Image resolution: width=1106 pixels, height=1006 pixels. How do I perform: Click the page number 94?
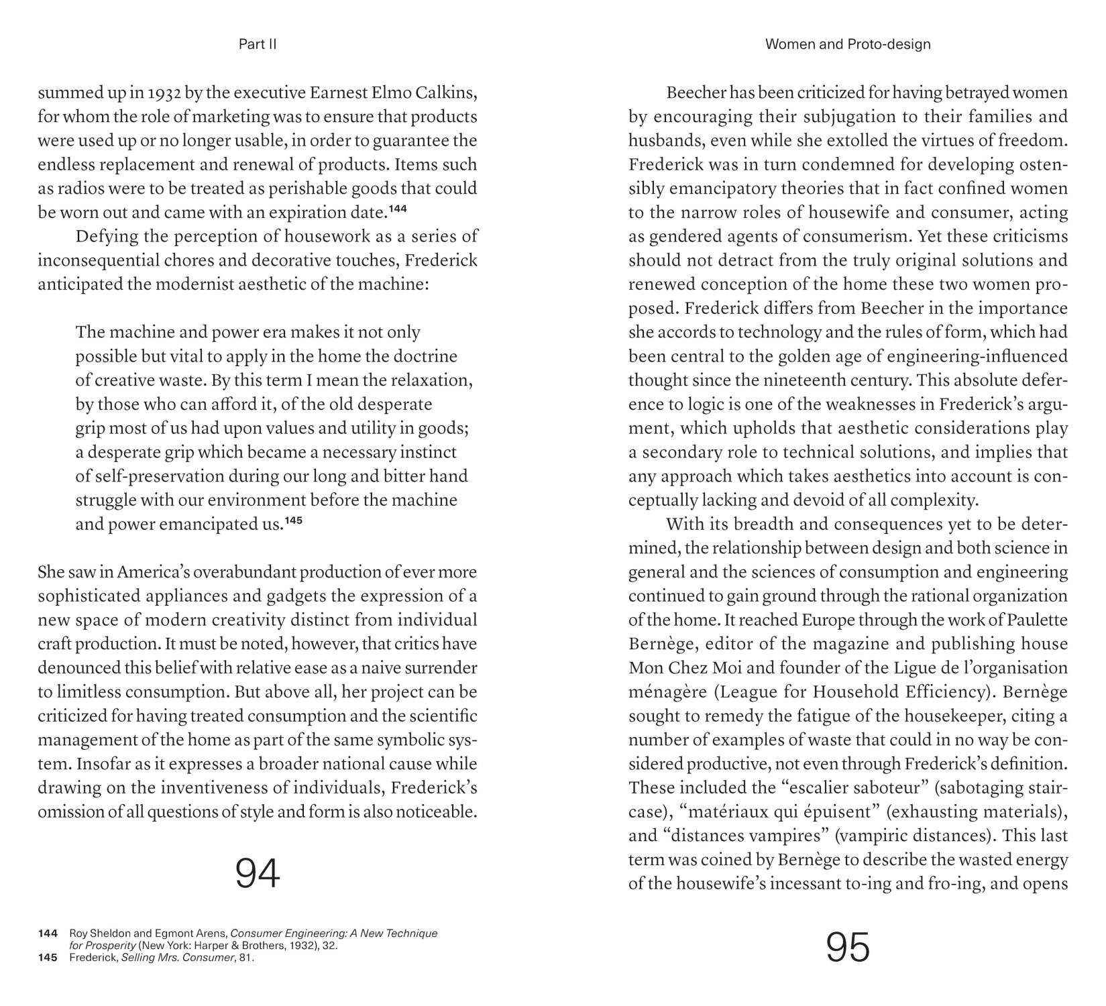(258, 873)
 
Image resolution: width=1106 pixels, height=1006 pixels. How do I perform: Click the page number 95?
(848, 947)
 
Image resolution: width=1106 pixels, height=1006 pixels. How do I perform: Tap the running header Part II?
(258, 44)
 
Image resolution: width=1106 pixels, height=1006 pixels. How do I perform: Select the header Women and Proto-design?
(848, 44)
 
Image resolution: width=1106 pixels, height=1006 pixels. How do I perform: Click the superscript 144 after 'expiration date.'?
(398, 209)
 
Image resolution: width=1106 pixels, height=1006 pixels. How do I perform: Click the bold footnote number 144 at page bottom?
(48, 933)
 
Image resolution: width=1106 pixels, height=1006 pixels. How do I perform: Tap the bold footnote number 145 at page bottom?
(48, 957)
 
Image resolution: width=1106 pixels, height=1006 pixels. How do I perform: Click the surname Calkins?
(447, 93)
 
